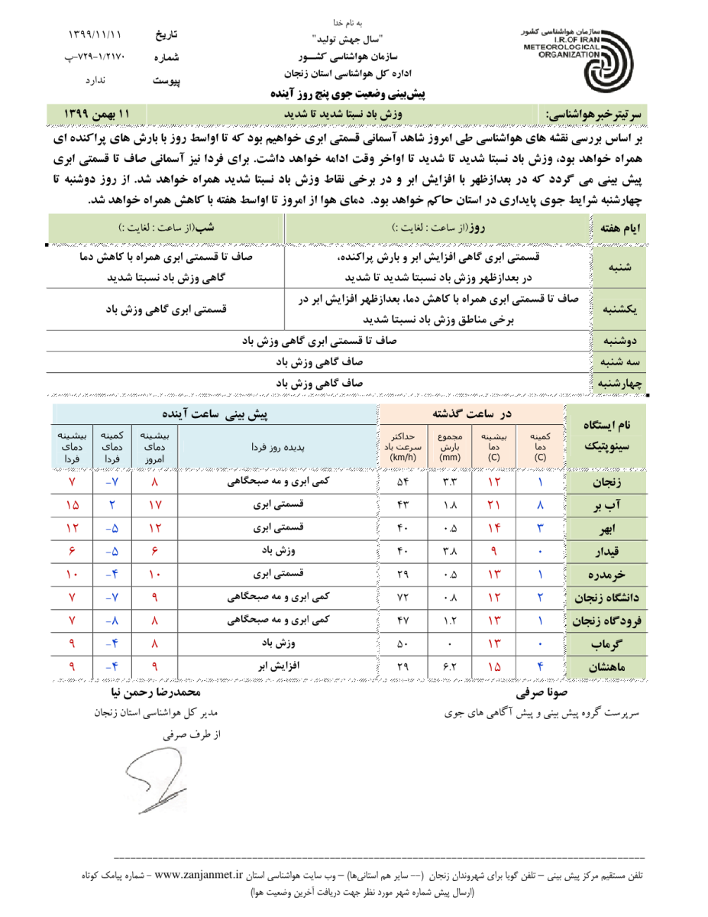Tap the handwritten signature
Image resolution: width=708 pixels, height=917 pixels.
click(153, 780)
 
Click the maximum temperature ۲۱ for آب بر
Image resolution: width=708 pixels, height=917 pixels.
click(493, 507)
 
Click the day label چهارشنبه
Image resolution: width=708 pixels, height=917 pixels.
click(616, 382)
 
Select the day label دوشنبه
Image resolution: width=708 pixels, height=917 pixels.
click(616, 341)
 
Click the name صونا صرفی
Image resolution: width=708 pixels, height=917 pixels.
click(539, 694)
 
